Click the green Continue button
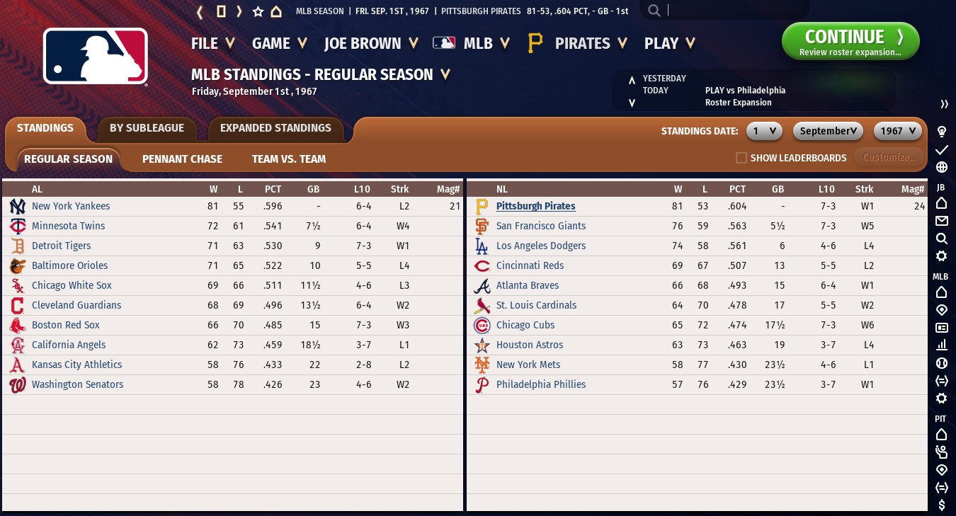850,41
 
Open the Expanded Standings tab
275,128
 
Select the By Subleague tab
147,128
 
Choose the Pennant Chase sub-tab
182,159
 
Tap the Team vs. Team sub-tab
289,159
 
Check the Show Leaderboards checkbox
741,158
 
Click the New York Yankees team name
71,206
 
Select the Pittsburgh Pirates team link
535,206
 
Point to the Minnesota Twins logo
18,227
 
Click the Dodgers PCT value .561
737,246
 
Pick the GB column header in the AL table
313,189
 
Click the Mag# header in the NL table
913,189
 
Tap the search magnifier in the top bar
654,11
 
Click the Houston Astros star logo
482,345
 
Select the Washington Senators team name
77,384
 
